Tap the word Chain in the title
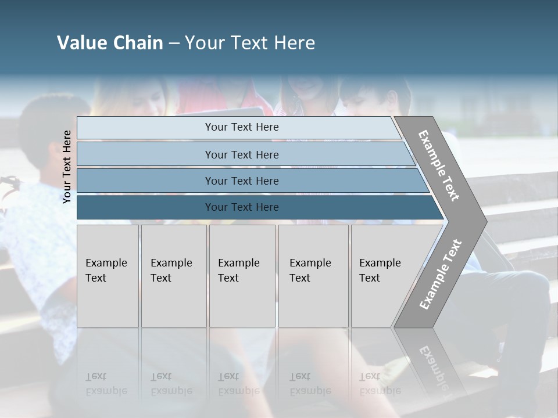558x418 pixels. point(138,43)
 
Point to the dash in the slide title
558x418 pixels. point(174,44)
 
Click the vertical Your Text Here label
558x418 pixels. point(67,167)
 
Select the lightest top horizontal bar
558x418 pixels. point(242,127)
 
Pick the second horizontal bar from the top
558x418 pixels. point(242,154)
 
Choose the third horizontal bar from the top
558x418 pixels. point(242,181)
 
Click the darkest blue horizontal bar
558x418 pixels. point(242,207)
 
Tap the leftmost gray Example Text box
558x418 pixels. point(108,275)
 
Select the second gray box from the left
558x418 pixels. point(173,275)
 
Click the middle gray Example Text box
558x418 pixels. point(241,275)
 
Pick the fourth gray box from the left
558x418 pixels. point(313,275)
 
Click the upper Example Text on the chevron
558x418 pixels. point(439,165)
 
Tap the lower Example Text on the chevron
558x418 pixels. point(441,274)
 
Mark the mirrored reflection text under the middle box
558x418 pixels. point(239,384)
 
